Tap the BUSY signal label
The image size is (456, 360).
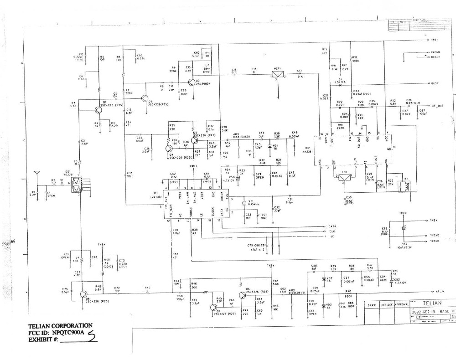tap(434, 84)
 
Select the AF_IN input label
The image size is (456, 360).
tap(440, 291)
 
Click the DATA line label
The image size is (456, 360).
tap(332, 226)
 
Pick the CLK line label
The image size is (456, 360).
tap(332, 231)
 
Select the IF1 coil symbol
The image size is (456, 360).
tap(404, 187)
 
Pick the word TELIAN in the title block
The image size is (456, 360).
tap(430, 302)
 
